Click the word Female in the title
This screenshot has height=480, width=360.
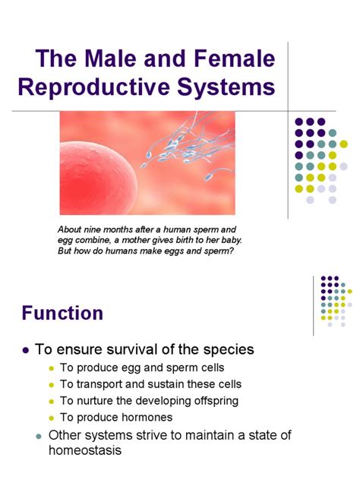[x=235, y=58]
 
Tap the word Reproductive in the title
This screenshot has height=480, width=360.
[x=93, y=87]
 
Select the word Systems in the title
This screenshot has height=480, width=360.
[x=226, y=87]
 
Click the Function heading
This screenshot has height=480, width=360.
[x=62, y=313]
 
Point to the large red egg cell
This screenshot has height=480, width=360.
[x=98, y=179]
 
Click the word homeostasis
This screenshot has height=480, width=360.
[x=85, y=450]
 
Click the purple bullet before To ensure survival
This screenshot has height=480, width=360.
[x=26, y=350]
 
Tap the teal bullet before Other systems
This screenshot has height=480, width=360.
[x=39, y=436]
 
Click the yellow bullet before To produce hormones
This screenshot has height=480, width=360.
[x=52, y=418]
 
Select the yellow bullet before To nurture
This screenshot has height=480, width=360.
[x=52, y=401]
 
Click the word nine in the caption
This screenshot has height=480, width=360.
[x=92, y=229]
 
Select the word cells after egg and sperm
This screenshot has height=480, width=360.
[x=213, y=368]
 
